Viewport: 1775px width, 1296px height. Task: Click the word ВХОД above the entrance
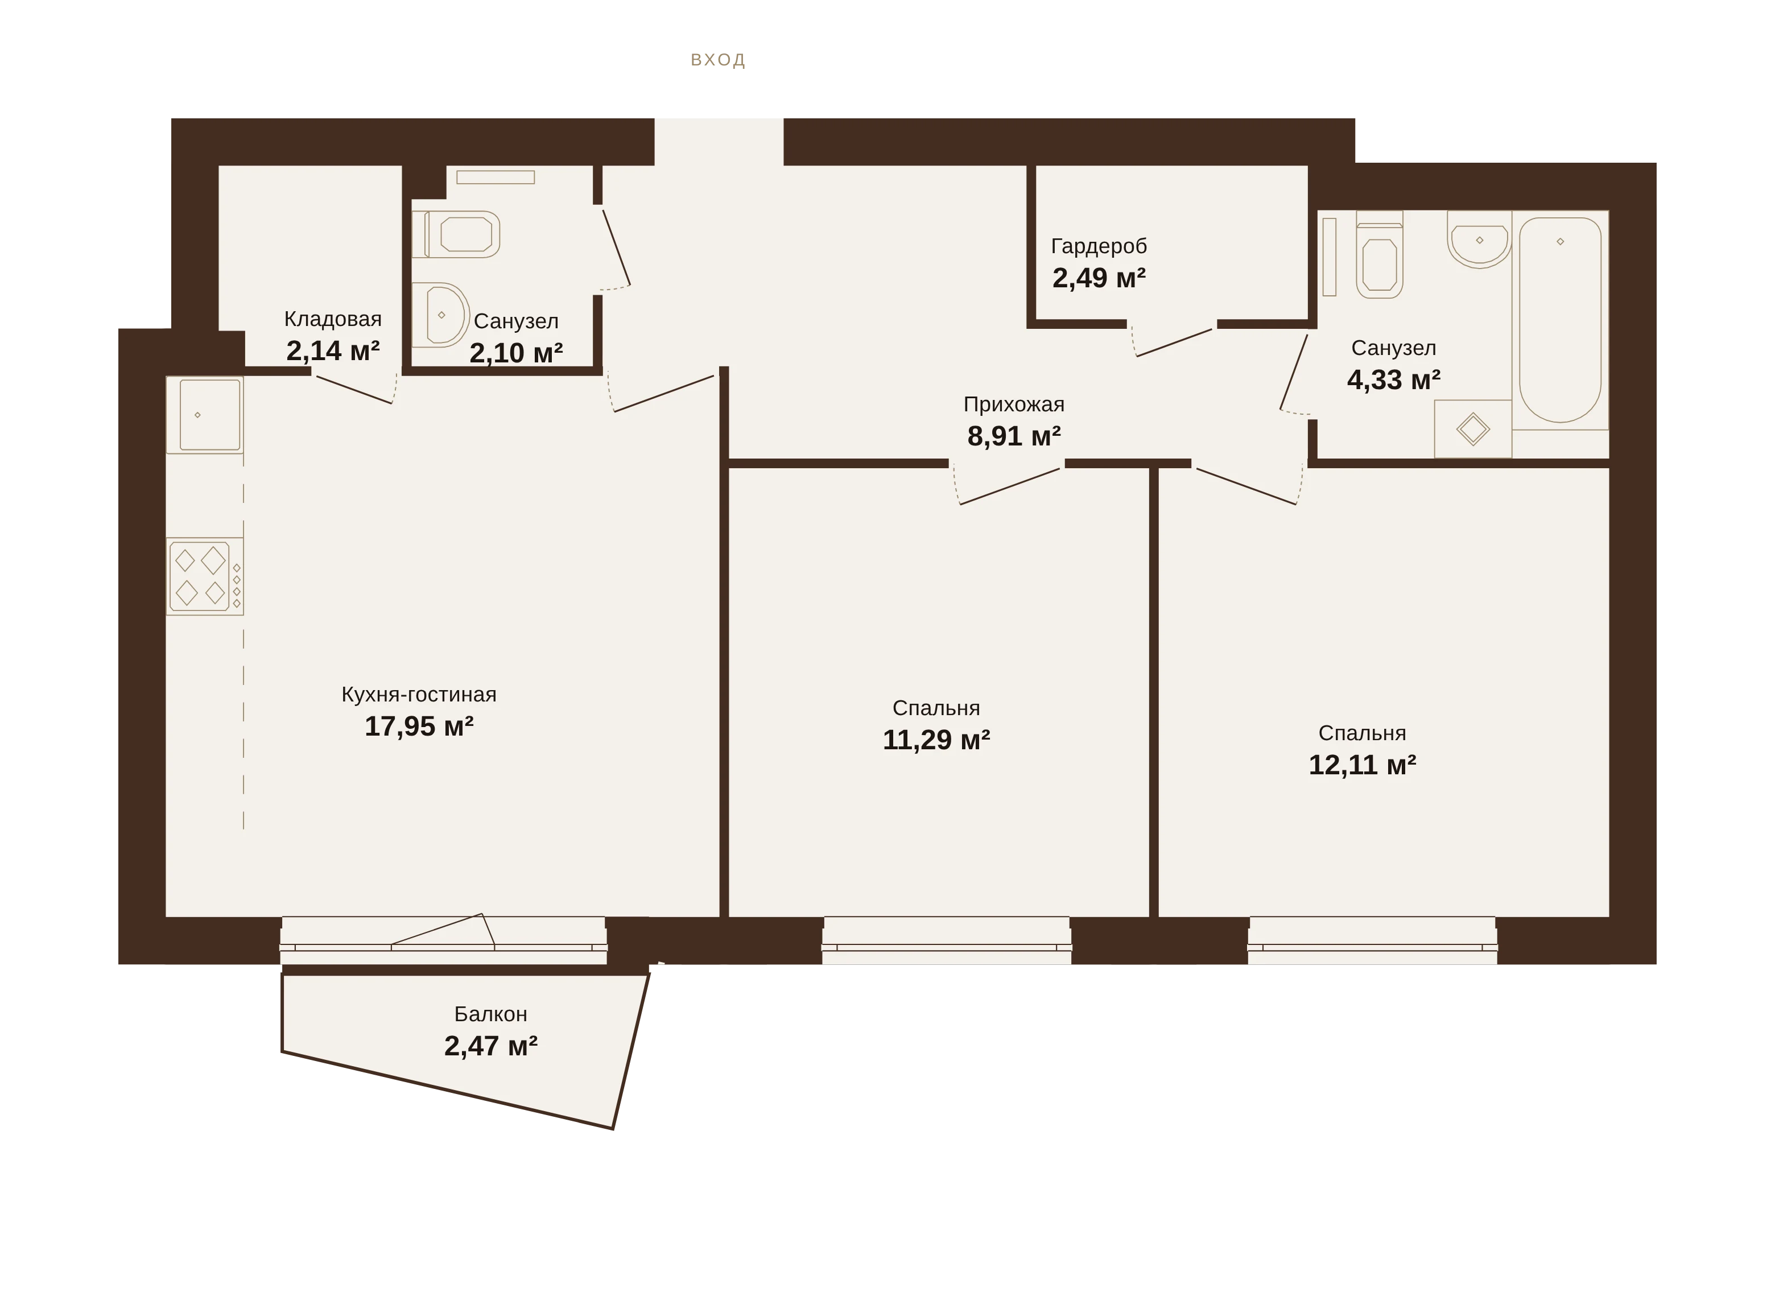click(718, 60)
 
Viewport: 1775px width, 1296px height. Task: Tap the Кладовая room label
click(333, 319)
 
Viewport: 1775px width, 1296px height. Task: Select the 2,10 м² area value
click(516, 353)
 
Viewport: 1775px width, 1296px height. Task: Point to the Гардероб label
click(1099, 246)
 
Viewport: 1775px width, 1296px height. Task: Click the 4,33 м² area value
click(1394, 379)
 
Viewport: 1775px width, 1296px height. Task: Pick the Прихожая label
click(1014, 405)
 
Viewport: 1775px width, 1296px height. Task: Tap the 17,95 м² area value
click(419, 727)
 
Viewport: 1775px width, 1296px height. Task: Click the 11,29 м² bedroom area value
click(936, 740)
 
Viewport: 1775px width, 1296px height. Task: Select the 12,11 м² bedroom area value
click(1363, 765)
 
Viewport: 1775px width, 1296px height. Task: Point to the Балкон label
click(491, 1014)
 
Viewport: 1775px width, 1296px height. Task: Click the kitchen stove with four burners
click(205, 576)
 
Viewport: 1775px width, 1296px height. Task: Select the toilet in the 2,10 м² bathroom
click(456, 234)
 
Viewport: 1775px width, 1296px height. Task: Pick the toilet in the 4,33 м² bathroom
click(1380, 254)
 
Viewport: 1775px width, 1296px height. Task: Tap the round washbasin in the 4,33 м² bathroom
click(1479, 240)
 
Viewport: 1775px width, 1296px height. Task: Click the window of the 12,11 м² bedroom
click(1373, 940)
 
